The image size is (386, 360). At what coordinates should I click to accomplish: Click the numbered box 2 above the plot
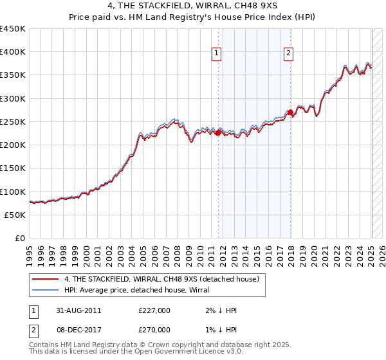288,53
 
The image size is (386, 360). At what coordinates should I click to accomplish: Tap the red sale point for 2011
218,133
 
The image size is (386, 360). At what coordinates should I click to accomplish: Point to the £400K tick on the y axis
13,52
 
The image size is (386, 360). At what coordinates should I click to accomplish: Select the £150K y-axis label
13,168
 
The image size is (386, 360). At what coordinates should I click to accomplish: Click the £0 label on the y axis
20,239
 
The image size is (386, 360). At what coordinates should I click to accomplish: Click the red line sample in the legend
45,279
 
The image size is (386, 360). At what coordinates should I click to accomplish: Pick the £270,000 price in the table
154,329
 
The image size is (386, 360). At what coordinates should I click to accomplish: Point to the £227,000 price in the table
154,310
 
